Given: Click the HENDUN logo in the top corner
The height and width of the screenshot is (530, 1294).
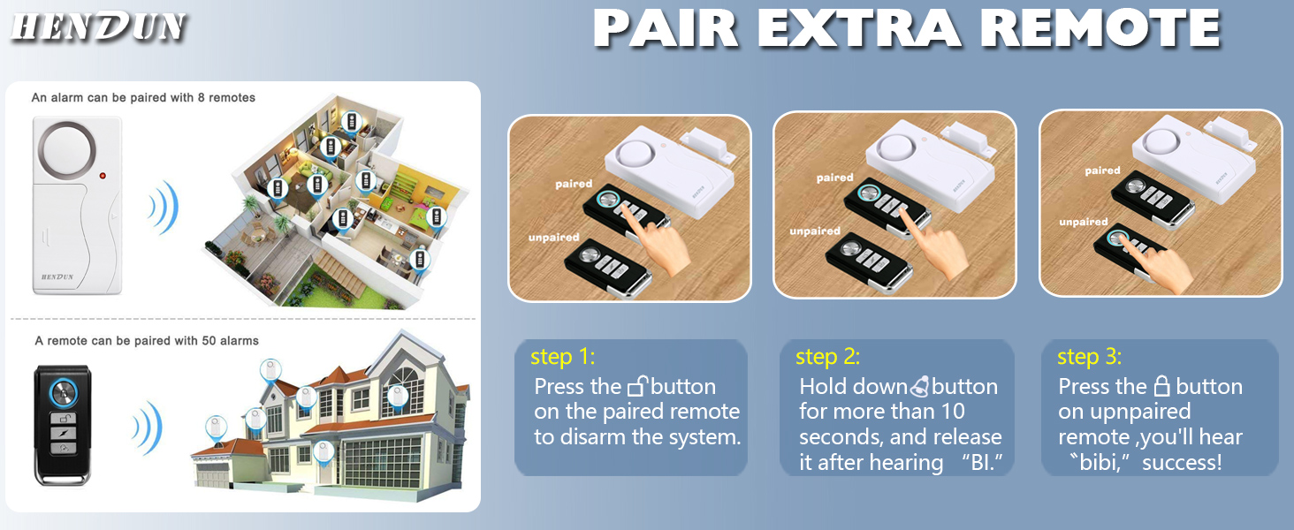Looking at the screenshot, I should point(99,26).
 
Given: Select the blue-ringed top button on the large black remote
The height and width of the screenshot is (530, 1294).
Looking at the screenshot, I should point(63,392).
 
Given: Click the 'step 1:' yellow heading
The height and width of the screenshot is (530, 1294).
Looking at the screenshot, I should point(563,357).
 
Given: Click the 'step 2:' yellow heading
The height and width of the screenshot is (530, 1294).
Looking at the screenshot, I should point(827,357).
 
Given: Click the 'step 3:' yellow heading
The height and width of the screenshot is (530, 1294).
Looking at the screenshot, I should point(1089,357).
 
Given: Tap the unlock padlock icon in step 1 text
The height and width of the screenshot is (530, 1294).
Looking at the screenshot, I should point(637,386).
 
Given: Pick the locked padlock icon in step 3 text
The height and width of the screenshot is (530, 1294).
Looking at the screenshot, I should point(1161,386).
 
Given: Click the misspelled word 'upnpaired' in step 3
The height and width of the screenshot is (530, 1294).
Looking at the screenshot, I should point(1124,412).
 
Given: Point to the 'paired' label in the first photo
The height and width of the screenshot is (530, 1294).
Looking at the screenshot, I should point(574,184).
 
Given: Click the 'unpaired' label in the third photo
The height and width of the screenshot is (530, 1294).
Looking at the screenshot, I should point(1083,223).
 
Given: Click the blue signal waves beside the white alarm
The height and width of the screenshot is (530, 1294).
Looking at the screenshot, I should point(164,208).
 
